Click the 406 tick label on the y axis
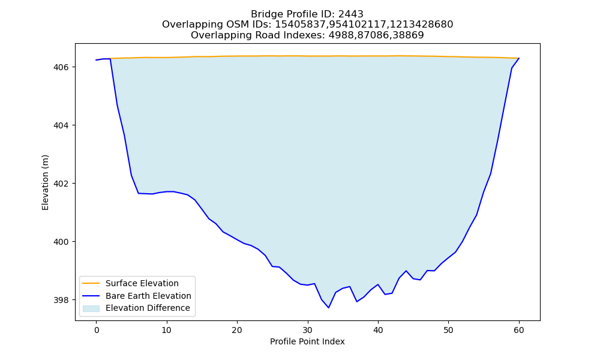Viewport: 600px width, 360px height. click(x=61, y=67)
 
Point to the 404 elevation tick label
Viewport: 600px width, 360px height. click(x=61, y=125)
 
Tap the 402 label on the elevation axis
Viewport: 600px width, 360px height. click(x=61, y=184)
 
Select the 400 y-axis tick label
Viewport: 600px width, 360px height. click(x=61, y=242)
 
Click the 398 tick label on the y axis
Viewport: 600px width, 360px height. click(x=61, y=300)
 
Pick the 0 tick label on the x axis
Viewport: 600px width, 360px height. click(x=97, y=330)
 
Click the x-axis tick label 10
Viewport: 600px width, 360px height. click(x=166, y=330)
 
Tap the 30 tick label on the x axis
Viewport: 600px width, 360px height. click(x=308, y=330)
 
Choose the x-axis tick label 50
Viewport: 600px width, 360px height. click(x=448, y=330)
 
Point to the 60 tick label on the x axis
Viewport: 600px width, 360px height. click(x=519, y=330)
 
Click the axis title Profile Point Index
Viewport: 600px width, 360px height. click(x=307, y=341)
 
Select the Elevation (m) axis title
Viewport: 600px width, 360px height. click(x=45, y=182)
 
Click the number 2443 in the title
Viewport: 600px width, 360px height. click(x=351, y=14)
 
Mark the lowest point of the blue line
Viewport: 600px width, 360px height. click(x=329, y=308)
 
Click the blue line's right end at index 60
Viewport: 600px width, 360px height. click(x=519, y=58)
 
